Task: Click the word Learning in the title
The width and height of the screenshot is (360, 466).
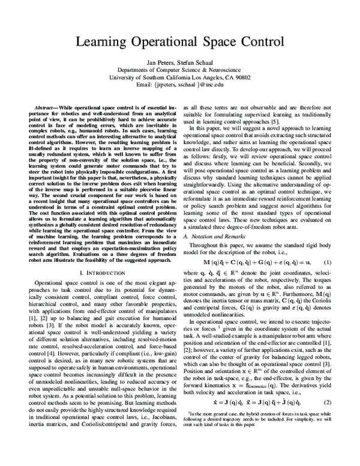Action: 100,43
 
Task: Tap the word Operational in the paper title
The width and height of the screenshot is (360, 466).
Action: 167,43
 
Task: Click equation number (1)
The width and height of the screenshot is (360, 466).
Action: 328,246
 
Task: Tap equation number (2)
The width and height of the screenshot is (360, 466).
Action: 328,419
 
